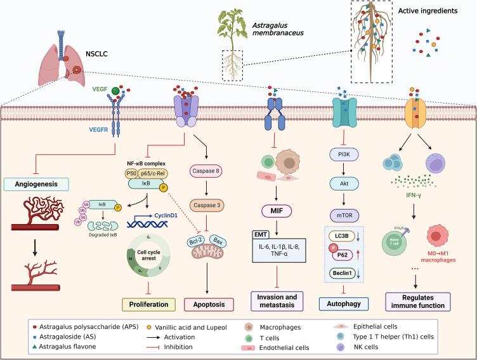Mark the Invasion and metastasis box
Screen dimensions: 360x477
coord(280,301)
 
